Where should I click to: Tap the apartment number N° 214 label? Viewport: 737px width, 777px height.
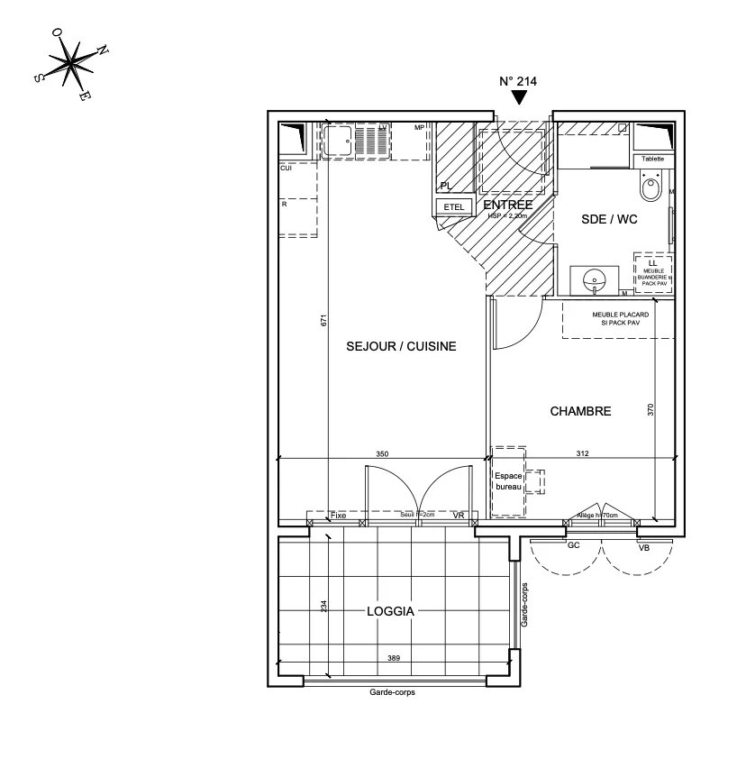pos(518,81)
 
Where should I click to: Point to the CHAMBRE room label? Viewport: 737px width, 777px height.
pos(580,411)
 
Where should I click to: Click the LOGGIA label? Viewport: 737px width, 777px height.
pos(390,610)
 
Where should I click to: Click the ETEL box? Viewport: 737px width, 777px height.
pos(454,207)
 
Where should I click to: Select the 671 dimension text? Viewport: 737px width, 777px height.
pos(323,319)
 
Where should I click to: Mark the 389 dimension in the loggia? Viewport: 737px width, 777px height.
pos(393,659)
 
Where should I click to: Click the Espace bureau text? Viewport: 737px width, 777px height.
pos(508,481)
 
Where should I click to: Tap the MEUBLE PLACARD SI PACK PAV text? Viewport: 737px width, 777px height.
pos(618,318)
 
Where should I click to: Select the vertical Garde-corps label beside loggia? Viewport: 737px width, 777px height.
pos(524,605)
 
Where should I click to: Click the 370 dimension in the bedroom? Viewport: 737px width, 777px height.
pos(651,409)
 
